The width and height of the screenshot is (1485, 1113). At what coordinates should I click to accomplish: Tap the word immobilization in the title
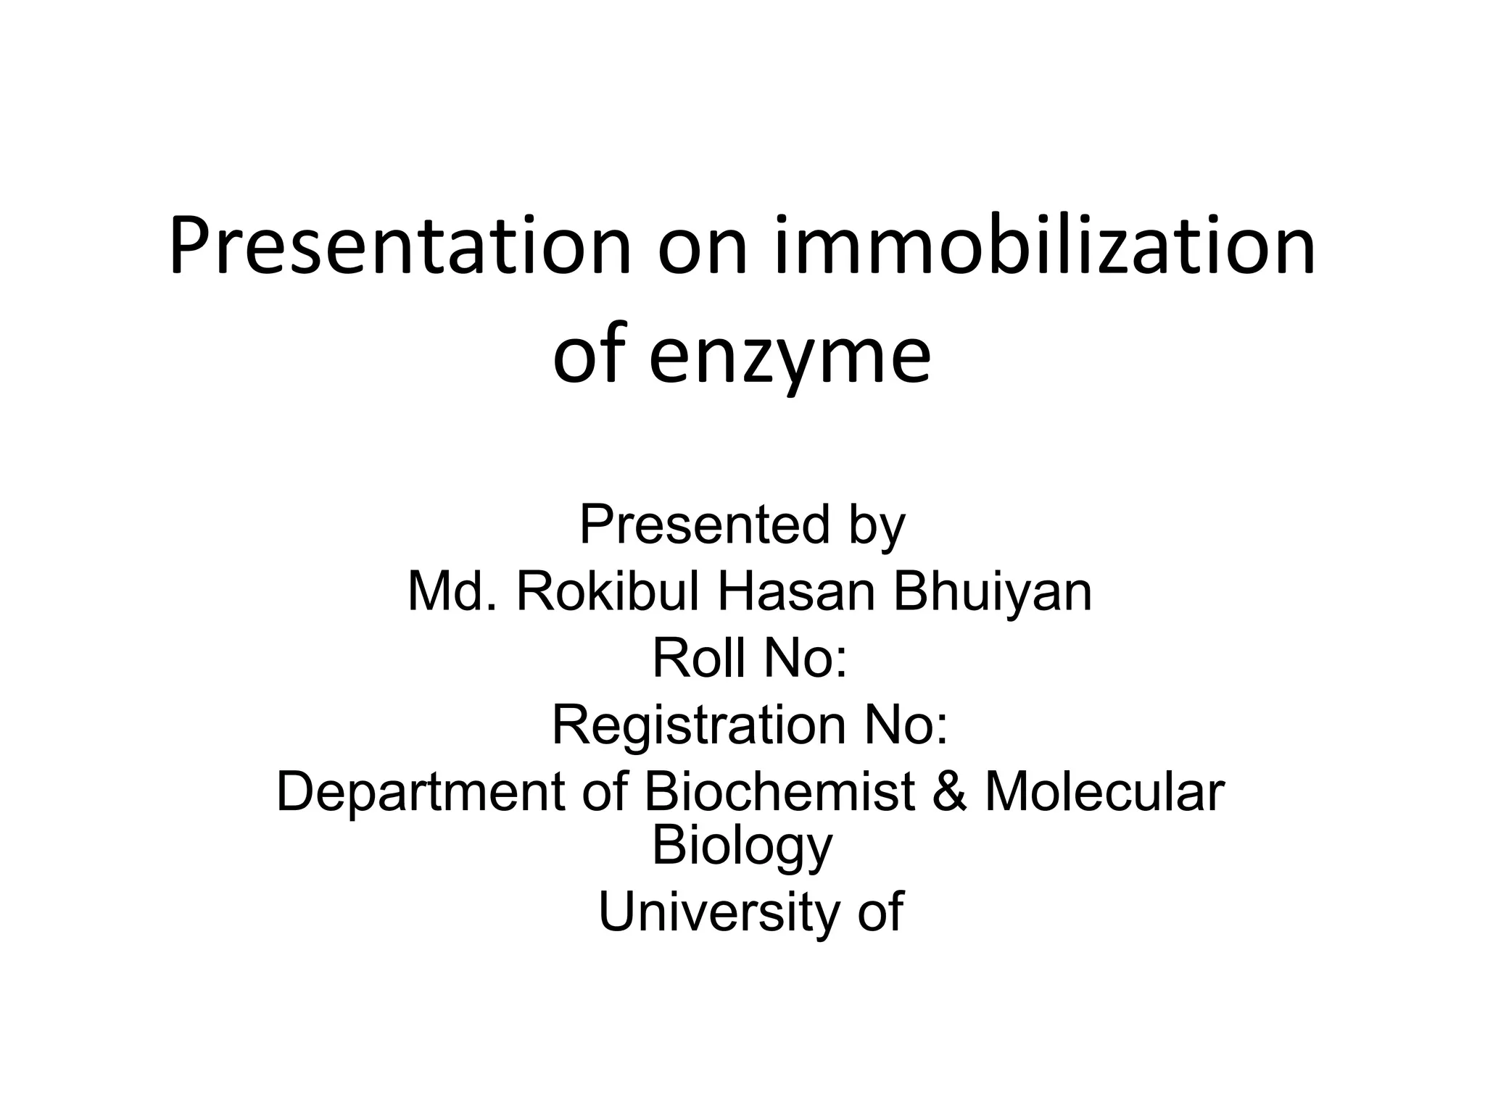(x=1045, y=246)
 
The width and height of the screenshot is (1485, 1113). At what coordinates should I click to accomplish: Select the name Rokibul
(x=608, y=591)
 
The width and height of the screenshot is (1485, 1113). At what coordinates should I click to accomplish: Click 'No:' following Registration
(x=906, y=725)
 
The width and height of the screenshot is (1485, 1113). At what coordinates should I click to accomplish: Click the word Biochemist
(x=779, y=791)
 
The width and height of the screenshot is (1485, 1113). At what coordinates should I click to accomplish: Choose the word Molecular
(x=1104, y=791)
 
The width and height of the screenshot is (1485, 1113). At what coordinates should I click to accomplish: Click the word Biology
(x=742, y=846)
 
